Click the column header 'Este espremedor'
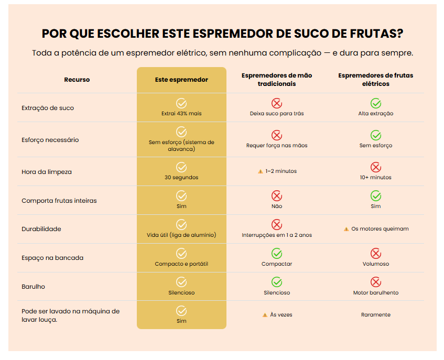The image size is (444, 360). click(181, 80)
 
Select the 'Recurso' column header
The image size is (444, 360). click(77, 80)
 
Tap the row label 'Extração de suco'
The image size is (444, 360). click(48, 108)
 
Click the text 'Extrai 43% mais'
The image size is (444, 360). click(181, 113)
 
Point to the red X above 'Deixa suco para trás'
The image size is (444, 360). click(277, 103)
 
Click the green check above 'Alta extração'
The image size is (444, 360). click(376, 103)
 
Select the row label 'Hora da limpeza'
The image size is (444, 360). click(47, 172)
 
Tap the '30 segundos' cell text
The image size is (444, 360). click(181, 177)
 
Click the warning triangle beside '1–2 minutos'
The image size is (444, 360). click(260, 171)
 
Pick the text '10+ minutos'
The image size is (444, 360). click(376, 177)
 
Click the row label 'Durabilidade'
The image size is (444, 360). click(41, 229)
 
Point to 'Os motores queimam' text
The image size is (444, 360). click(380, 229)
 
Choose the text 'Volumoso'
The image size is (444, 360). click(376, 264)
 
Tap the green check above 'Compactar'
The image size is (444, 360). click(277, 254)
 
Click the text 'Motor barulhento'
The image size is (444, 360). click(376, 292)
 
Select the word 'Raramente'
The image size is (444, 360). click(376, 315)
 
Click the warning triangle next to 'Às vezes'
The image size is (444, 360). click(265, 315)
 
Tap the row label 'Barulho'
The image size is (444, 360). click(34, 287)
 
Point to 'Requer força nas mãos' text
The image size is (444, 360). click(277, 145)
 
